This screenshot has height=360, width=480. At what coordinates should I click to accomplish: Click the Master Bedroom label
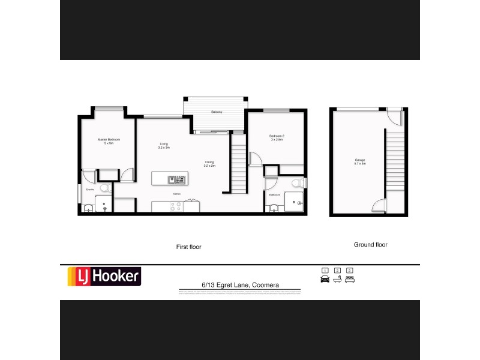click(x=109, y=141)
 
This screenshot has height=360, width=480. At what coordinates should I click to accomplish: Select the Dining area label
click(x=209, y=163)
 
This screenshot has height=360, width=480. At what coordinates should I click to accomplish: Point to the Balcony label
click(x=217, y=112)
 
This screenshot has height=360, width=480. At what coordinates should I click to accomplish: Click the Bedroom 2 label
click(x=277, y=138)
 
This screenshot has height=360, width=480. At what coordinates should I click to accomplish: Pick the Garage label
click(x=360, y=161)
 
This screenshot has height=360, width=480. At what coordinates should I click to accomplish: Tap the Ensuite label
click(x=89, y=190)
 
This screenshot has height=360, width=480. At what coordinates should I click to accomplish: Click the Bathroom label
click(x=275, y=195)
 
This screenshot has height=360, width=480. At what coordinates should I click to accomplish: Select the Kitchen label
click(x=176, y=194)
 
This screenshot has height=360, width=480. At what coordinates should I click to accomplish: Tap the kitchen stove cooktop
click(x=176, y=206)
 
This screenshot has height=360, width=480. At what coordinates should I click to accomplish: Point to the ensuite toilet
click(x=103, y=188)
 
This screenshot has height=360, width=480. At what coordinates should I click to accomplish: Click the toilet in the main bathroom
click(x=295, y=184)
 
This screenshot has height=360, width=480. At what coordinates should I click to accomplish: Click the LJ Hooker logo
click(x=103, y=277)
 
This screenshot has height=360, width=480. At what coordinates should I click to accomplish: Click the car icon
click(x=325, y=279)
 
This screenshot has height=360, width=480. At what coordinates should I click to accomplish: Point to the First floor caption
click(x=188, y=247)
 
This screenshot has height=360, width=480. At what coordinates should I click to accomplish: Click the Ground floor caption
click(x=370, y=245)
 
